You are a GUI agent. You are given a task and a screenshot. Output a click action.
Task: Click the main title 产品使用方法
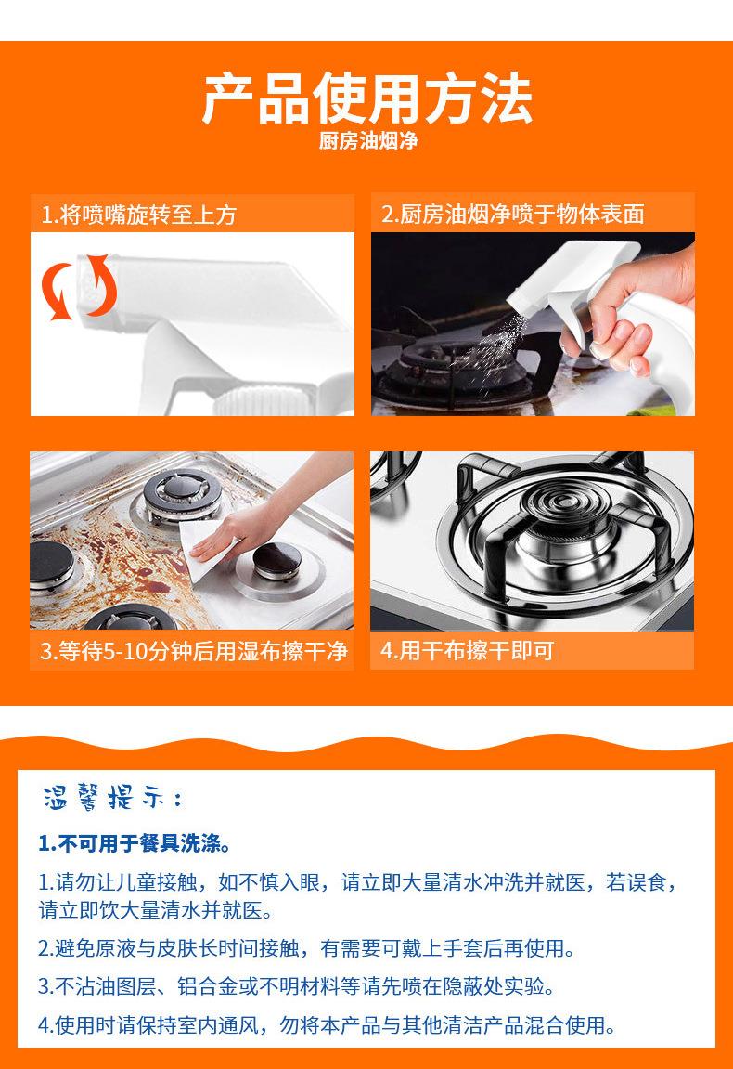[x=366, y=98]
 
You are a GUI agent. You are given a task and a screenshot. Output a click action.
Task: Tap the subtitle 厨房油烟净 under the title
[x=367, y=141]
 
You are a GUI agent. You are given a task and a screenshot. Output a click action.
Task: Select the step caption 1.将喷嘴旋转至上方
[x=139, y=215]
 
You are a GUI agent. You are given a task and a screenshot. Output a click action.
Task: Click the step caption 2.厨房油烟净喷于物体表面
[x=513, y=214]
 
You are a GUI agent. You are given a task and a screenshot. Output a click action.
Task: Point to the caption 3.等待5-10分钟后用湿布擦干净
[x=194, y=651]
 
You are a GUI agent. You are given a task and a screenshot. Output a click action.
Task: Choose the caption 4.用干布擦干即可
[x=467, y=650]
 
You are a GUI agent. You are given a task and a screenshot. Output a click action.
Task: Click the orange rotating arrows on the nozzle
[x=79, y=287]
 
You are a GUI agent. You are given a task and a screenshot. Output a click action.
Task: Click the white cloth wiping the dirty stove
[x=204, y=550]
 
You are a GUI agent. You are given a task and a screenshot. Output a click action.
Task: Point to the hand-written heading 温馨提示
[x=113, y=797]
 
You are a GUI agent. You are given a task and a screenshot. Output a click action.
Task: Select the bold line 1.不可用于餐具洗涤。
[x=135, y=843]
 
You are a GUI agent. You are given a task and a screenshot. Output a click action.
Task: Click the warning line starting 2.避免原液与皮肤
[x=306, y=948]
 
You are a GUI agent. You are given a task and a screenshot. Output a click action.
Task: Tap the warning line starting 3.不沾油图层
[x=296, y=986]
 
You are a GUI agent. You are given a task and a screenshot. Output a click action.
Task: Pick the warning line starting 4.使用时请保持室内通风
[x=327, y=1024]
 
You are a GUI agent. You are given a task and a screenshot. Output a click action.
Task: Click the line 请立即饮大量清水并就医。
[x=156, y=910]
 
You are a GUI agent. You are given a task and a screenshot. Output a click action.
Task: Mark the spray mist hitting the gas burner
[x=491, y=347]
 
